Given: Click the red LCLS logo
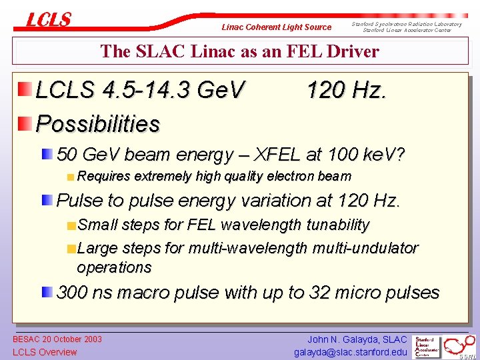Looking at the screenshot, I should pyautogui.click(x=48, y=20).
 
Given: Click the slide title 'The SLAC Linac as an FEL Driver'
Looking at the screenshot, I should pyautogui.click(x=239, y=51).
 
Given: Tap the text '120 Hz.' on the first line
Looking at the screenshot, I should pyautogui.click(x=346, y=89).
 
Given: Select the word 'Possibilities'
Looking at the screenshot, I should pyautogui.click(x=97, y=123).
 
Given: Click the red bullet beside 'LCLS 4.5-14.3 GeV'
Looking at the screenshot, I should pyautogui.click(x=25, y=89).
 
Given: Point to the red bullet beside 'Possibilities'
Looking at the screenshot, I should pyautogui.click(x=25, y=122).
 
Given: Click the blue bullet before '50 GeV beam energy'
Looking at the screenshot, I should pyautogui.click(x=47, y=155).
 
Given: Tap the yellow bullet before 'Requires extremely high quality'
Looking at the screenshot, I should pyautogui.click(x=71, y=177).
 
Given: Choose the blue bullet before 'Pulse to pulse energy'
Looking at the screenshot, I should pyautogui.click(x=47, y=199).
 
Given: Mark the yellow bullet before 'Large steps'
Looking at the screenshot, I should pyautogui.click(x=71, y=249).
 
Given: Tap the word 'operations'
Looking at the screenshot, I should pyautogui.click(x=114, y=267).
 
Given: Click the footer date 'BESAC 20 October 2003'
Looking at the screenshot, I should pyautogui.click(x=57, y=339).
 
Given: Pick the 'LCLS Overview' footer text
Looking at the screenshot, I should pyautogui.click(x=45, y=352).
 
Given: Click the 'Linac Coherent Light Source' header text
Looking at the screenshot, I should pyautogui.click(x=276, y=27).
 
